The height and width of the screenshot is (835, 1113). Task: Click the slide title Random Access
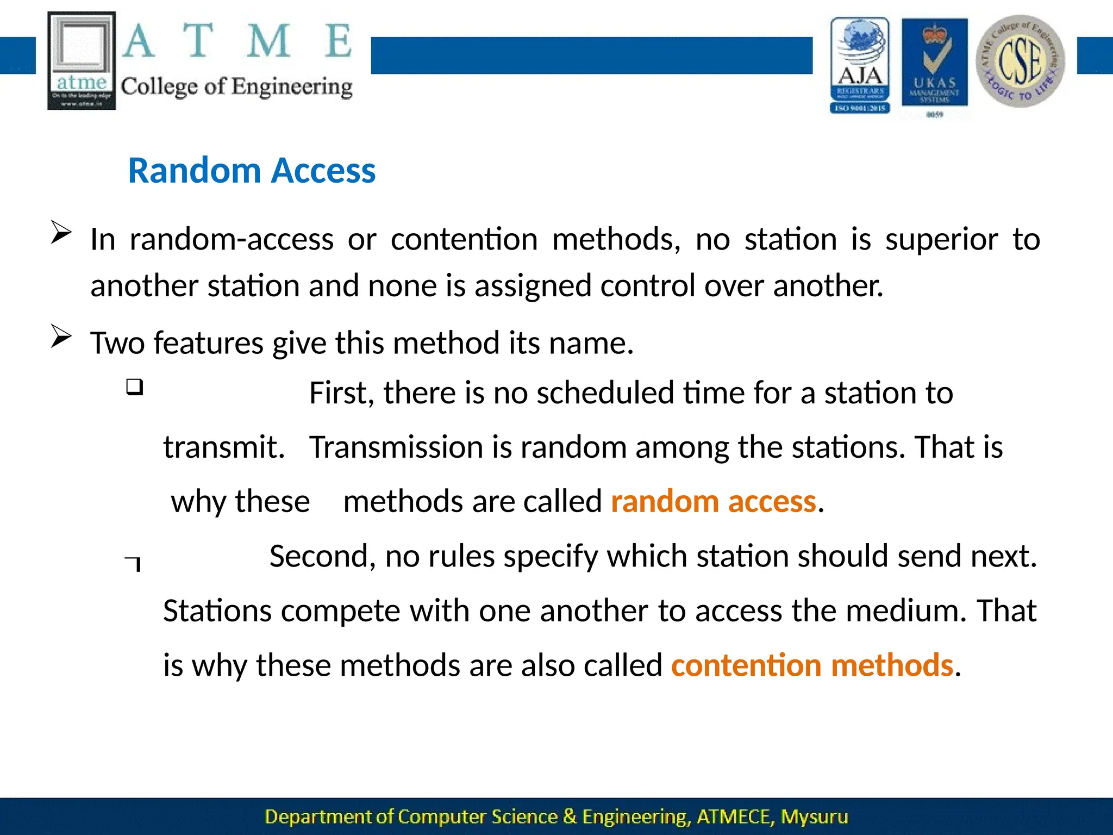pos(252,171)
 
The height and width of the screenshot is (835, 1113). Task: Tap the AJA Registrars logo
pos(860,65)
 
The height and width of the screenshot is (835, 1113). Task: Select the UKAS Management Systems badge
pos(934,63)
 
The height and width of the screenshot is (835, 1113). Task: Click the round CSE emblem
pos(1020,61)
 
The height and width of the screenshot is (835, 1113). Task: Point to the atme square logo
pos(82,60)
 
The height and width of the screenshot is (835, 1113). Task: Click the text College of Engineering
pos(236,87)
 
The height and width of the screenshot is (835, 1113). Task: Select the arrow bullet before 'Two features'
pos(61,337)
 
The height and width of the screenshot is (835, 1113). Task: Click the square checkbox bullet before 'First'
pos(134,387)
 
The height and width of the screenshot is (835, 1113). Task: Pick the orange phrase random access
pos(713,501)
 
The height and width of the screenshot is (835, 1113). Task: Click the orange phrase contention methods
pos(812,665)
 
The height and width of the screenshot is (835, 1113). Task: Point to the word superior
pos(941,239)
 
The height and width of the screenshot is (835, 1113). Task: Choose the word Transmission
pos(396,447)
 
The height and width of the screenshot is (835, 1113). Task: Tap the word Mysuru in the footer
pos(814,817)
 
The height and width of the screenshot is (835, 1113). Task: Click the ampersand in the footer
pos(570,817)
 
